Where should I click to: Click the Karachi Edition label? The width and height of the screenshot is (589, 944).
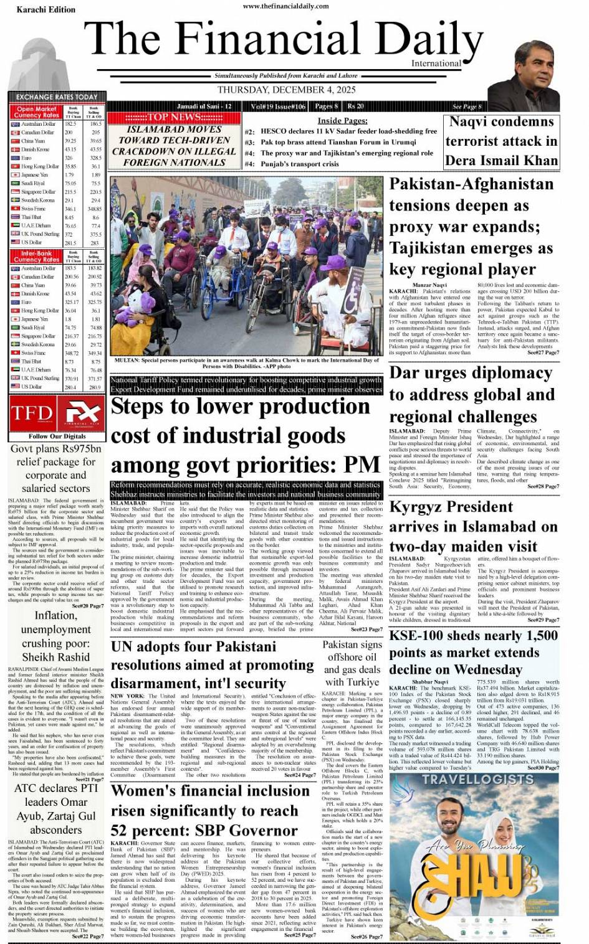[x=37, y=9]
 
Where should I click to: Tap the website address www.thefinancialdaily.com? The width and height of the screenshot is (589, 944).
[x=285, y=6]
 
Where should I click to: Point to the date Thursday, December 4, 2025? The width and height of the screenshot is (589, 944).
[x=286, y=90]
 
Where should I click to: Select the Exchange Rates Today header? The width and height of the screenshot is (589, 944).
[x=57, y=97]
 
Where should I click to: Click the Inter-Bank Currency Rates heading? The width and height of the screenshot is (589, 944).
[x=37, y=257]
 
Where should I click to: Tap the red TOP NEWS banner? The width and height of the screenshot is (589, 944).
[x=173, y=117]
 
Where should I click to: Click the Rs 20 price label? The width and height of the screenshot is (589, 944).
[x=356, y=106]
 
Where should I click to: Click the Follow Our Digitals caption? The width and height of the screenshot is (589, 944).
[x=57, y=436]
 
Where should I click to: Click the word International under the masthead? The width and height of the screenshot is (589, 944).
[x=436, y=64]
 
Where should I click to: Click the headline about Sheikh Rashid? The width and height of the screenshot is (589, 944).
[x=56, y=636]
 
